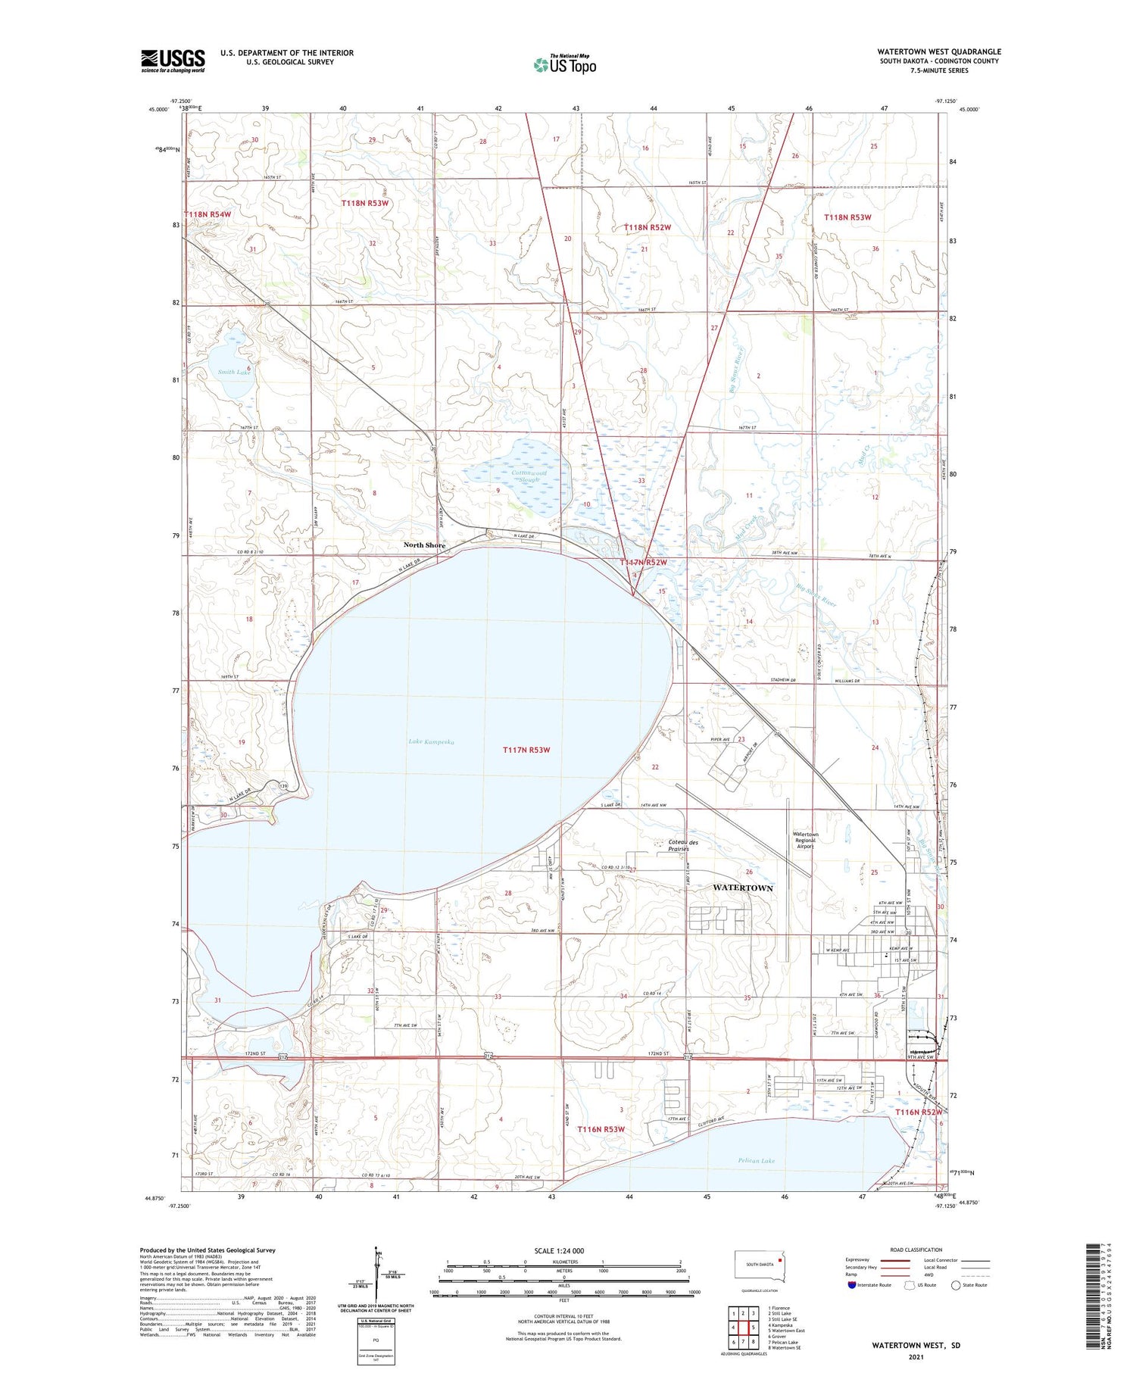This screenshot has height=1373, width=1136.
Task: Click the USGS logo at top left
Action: coord(173,61)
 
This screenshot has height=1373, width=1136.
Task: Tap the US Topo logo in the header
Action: coord(565,64)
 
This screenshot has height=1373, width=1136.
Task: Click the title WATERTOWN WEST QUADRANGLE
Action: coord(938,51)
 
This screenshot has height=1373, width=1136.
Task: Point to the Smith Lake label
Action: coord(234,373)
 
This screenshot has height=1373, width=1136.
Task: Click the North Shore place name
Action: coord(424,545)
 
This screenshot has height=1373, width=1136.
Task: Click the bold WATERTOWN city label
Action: coord(743,888)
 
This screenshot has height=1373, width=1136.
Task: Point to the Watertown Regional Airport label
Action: coord(805,841)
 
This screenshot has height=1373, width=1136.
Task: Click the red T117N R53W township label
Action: coord(526,750)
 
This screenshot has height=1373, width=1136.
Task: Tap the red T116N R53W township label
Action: coord(601,1129)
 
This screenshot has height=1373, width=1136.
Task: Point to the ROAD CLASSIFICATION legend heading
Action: coord(916,1250)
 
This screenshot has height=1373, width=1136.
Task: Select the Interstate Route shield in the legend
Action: coord(852,1285)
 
